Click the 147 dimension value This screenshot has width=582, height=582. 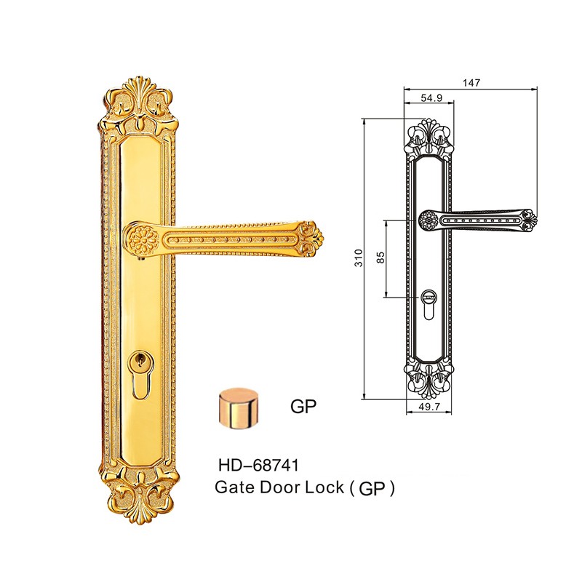[x=471, y=82]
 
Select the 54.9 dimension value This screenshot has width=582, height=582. [x=431, y=98]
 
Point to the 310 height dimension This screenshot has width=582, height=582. [x=358, y=258]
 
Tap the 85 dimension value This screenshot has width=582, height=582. [x=380, y=258]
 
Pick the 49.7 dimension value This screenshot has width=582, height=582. [x=429, y=407]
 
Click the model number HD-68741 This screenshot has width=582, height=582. [x=259, y=465]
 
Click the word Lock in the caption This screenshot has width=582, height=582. [x=324, y=487]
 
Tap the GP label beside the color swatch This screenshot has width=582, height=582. [x=303, y=407]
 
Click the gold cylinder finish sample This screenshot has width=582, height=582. [x=239, y=409]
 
